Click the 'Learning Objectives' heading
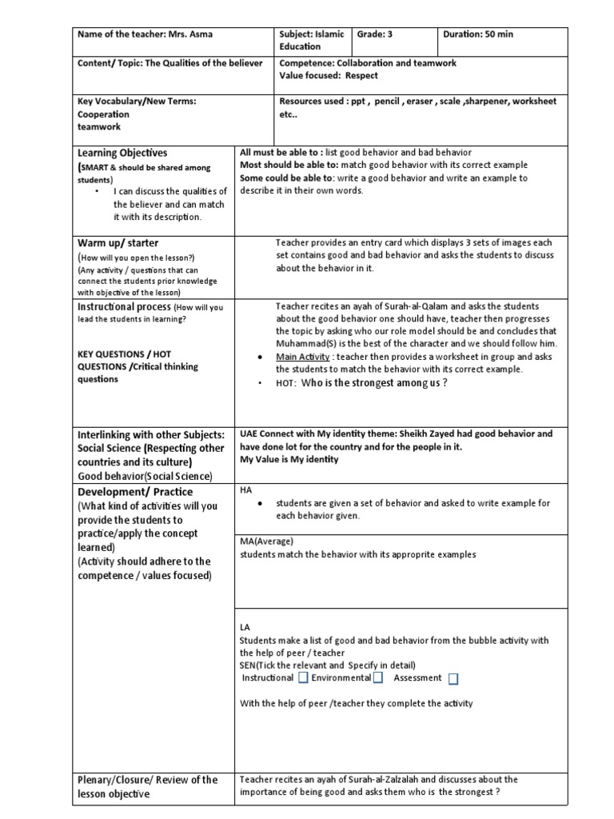tap(122, 153)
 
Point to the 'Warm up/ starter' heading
tap(118, 242)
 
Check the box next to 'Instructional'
tap(303, 678)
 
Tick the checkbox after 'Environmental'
tap(378, 678)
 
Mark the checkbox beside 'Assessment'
tap(453, 679)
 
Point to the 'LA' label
tap(245, 628)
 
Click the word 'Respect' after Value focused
tap(364, 76)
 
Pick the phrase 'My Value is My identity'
tap(289, 459)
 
